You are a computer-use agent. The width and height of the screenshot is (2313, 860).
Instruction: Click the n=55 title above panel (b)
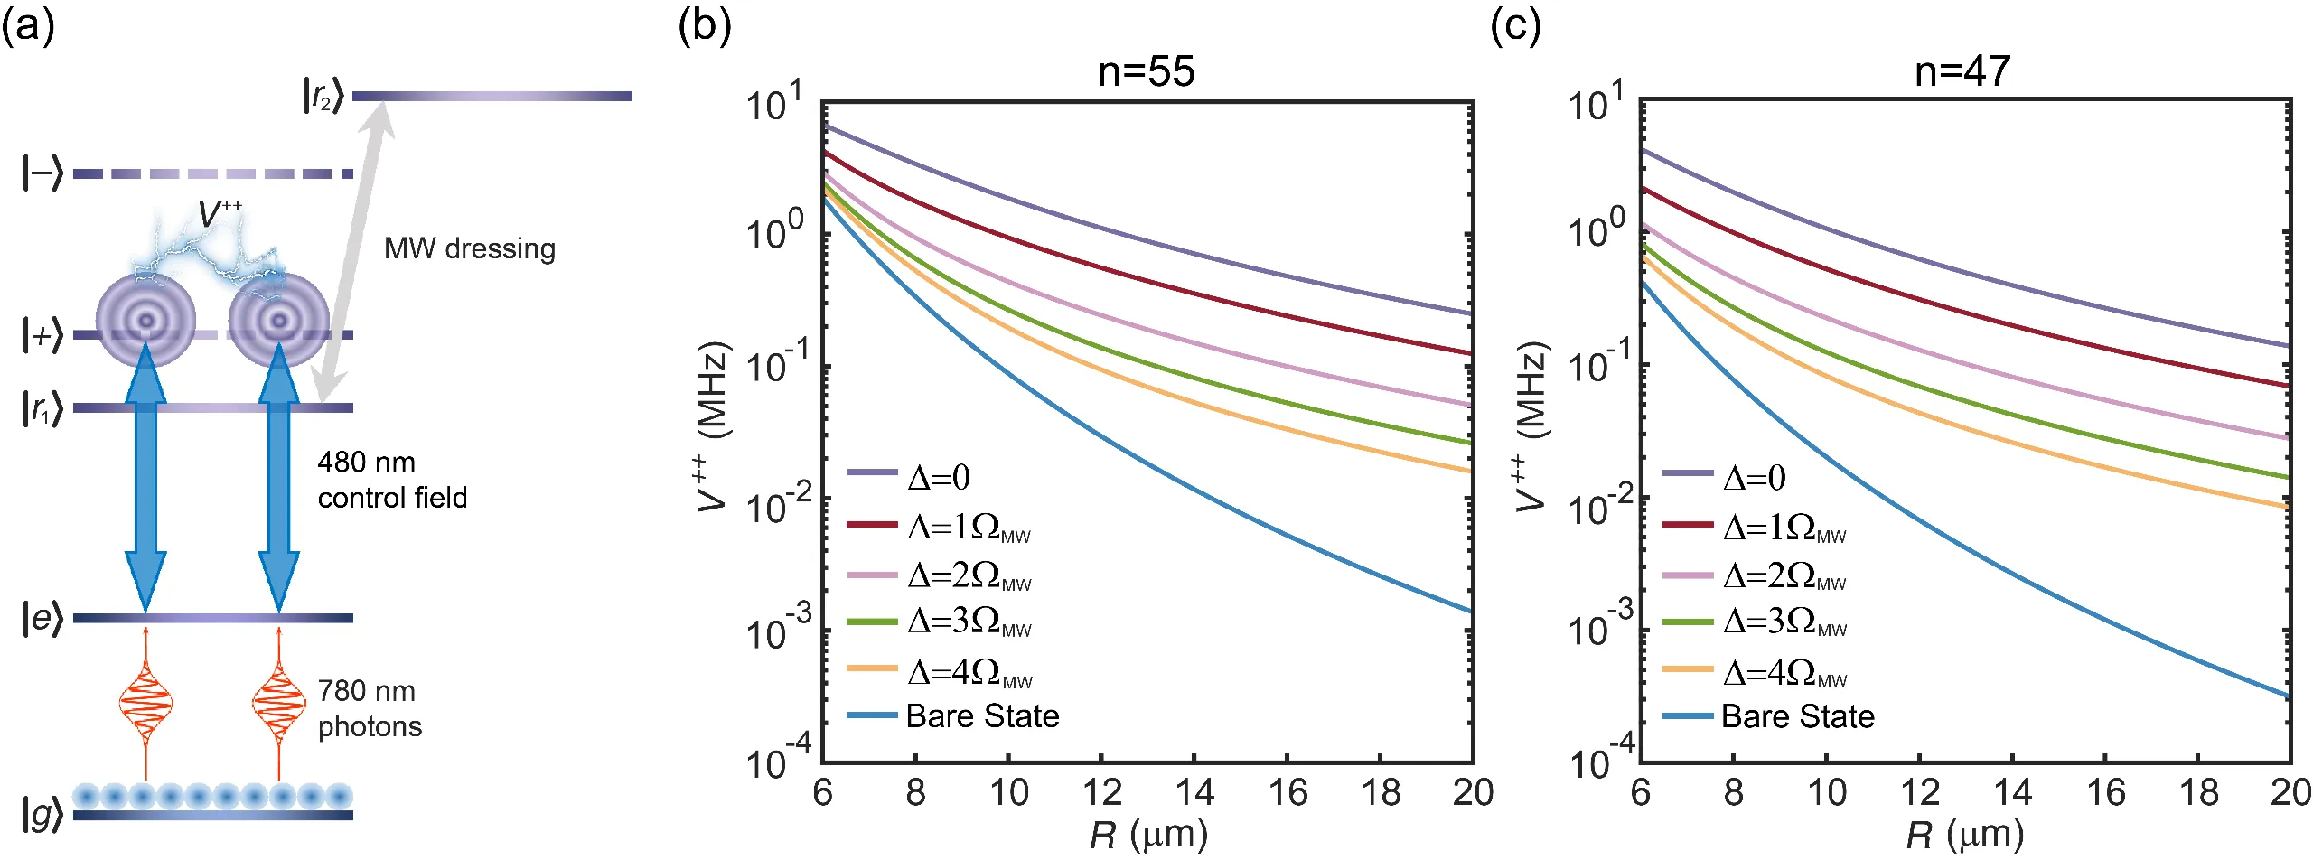(1146, 71)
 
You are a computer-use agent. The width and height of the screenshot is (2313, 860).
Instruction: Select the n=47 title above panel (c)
(1962, 71)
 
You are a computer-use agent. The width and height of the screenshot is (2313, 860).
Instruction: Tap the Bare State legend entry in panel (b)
(981, 716)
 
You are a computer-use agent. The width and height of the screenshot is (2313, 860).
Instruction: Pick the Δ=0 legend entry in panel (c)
(1754, 477)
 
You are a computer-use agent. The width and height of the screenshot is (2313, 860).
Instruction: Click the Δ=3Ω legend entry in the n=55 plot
(969, 622)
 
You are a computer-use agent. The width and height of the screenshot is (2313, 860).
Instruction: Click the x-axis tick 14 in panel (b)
(1194, 793)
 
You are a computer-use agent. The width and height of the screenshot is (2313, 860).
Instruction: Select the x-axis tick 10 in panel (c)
(1826, 793)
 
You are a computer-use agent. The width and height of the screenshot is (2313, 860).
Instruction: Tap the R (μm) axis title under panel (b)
(1147, 835)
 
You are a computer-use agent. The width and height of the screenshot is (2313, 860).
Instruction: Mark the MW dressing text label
(469, 248)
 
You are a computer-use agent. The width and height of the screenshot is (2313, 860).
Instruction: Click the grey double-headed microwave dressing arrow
(353, 253)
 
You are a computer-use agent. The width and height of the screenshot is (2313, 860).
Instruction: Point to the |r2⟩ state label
(323, 95)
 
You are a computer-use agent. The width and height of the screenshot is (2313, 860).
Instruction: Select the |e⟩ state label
(42, 619)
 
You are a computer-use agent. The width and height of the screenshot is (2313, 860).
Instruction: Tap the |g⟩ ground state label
(42, 815)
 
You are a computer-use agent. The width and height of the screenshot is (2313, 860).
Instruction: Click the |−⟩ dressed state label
(42, 173)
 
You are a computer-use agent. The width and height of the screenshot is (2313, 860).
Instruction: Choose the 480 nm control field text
(392, 480)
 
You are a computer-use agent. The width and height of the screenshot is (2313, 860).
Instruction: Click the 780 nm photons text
(370, 709)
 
